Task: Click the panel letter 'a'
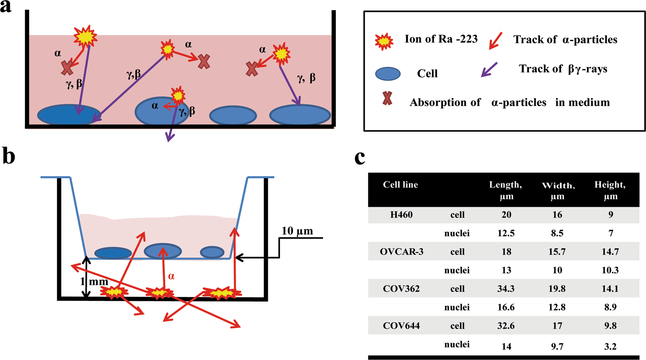pos(6,7)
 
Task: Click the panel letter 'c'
pos(360,157)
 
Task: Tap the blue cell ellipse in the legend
pos(388,74)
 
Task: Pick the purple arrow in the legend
pos(489,70)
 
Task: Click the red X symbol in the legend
pos(387,99)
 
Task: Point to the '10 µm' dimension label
pos(297,231)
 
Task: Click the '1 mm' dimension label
pos(93,282)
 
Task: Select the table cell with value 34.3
pos(506,289)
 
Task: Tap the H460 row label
pos(401,215)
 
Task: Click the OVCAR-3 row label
pos(401,252)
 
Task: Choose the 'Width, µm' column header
pos(558,190)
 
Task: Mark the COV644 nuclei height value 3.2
pos(610,346)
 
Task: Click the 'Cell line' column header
pos(400,185)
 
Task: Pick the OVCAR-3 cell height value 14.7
pos(610,252)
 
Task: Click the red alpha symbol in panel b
pos(171,276)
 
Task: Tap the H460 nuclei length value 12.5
pos(506,233)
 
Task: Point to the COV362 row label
pos(401,289)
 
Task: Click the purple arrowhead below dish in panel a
pos(170,138)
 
